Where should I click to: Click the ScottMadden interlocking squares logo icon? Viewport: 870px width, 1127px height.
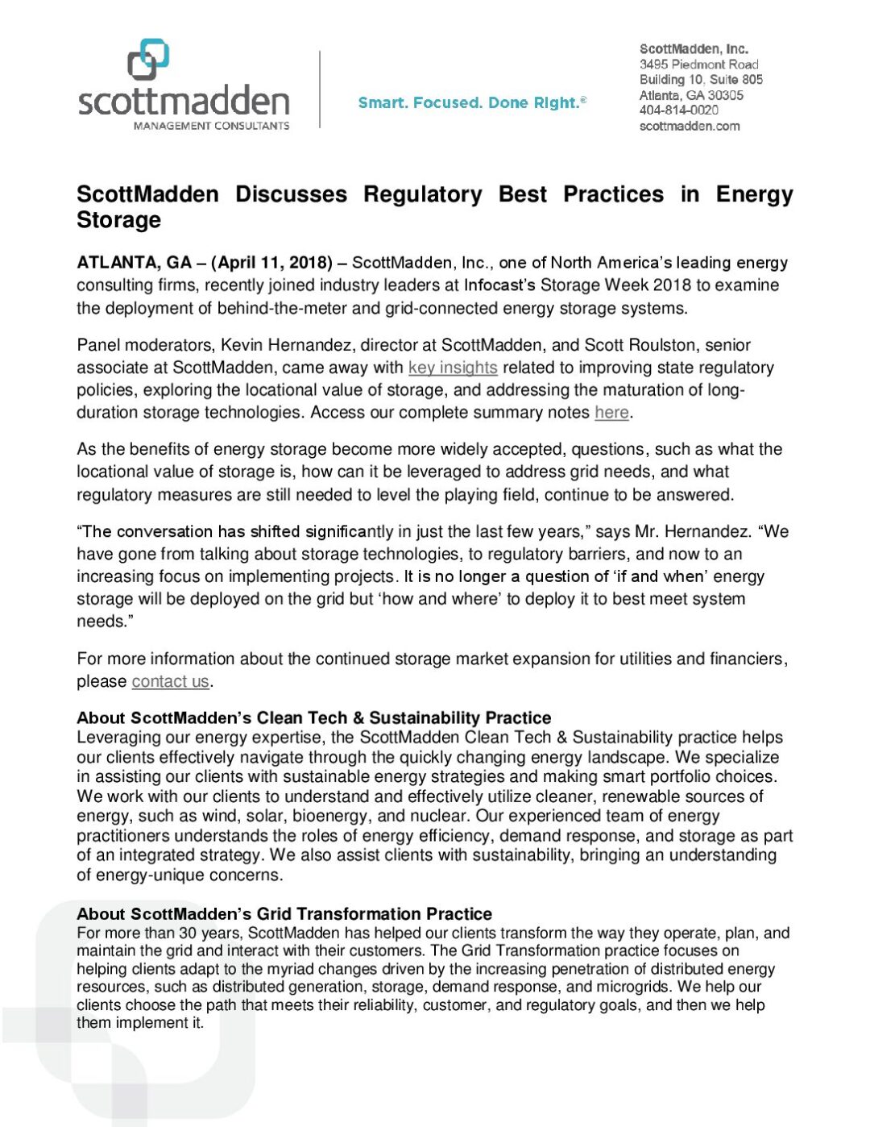(x=148, y=60)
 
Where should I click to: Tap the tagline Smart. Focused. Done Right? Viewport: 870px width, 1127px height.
(x=471, y=103)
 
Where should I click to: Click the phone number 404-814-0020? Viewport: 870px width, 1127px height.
(x=678, y=110)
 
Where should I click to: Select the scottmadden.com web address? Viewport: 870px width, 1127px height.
(x=690, y=126)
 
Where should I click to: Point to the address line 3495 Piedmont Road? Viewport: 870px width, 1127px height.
(x=698, y=64)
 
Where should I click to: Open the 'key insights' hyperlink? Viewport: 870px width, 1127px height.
(x=453, y=368)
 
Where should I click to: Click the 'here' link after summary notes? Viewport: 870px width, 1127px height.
(x=611, y=413)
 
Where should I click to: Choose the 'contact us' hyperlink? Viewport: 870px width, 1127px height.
(x=170, y=681)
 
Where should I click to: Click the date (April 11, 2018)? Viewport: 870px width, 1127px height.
(x=272, y=263)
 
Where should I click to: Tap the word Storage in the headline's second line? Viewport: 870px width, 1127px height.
(x=118, y=220)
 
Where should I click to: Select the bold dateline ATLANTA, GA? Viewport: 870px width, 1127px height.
(x=134, y=263)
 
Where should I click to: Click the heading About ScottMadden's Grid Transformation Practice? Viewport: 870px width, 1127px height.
(x=284, y=914)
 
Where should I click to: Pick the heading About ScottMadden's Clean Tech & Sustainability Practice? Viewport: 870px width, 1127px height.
(x=314, y=718)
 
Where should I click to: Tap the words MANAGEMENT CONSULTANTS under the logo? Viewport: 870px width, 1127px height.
(x=211, y=126)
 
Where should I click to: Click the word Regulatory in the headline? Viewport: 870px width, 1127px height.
(x=422, y=195)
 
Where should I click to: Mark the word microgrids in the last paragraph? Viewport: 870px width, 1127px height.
(x=633, y=987)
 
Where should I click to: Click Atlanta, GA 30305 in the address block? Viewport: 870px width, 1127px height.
(x=691, y=95)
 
